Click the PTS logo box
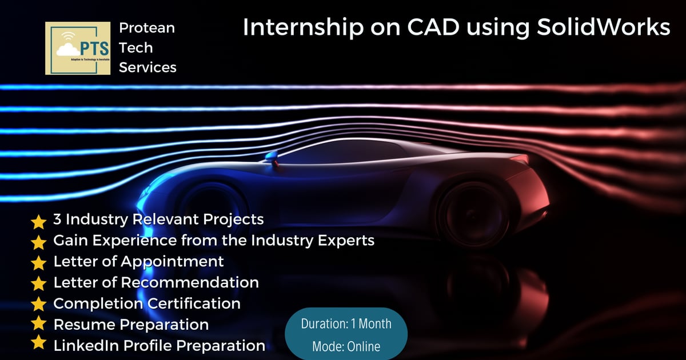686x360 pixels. (x=78, y=48)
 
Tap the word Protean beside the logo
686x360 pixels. (x=147, y=28)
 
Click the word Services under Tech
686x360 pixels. (x=147, y=67)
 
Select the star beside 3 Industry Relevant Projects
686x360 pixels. (x=38, y=221)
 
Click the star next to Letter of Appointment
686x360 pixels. (x=38, y=263)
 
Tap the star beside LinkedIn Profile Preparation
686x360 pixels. (x=38, y=343)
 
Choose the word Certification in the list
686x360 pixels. (x=193, y=303)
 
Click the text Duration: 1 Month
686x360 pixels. (x=346, y=323)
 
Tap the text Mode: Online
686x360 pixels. (x=346, y=346)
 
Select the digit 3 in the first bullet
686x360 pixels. (x=57, y=219)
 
